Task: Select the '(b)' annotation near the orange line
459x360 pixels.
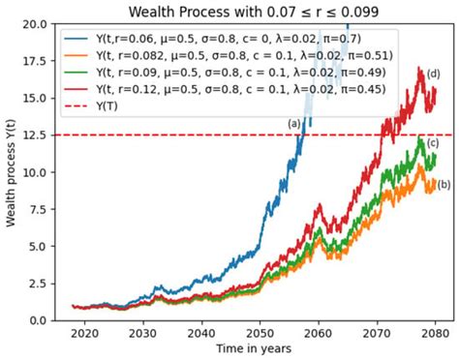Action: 444,184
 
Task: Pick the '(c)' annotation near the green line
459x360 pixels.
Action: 433,143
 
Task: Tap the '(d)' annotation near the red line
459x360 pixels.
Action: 433,75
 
